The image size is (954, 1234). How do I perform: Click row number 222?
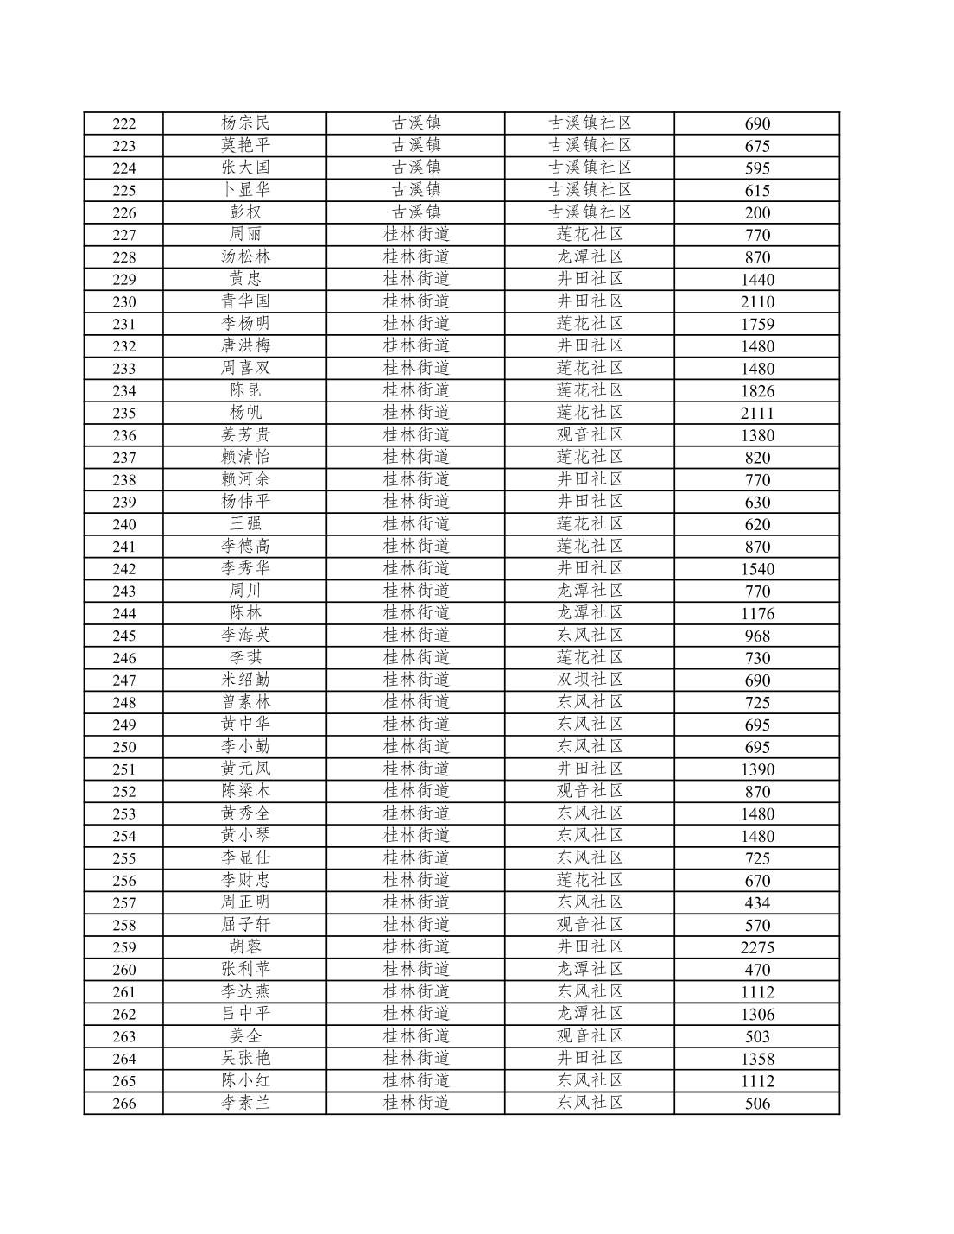[x=124, y=123]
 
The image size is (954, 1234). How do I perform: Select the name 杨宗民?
[x=245, y=123]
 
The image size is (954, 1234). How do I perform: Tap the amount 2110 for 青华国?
[x=757, y=301]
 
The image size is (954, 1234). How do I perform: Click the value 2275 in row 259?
[x=757, y=947]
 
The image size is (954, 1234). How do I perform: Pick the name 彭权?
[x=245, y=212]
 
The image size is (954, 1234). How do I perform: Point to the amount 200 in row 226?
[x=757, y=212]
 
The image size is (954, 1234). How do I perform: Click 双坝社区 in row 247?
[x=590, y=680]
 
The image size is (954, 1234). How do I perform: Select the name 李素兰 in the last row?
[x=245, y=1103]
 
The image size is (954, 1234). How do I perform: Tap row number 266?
[x=124, y=1104]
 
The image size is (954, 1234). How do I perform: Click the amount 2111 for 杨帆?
[x=757, y=413]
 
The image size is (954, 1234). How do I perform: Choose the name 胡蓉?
[x=245, y=946]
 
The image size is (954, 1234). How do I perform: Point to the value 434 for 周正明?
[x=757, y=903]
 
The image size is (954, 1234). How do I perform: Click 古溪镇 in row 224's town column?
[x=416, y=168]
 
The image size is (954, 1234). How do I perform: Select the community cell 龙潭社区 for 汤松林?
[x=590, y=256]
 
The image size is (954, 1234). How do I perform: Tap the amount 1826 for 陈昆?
[x=757, y=390]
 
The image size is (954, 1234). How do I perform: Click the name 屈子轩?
[x=245, y=924]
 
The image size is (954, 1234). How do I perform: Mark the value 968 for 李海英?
[x=757, y=636]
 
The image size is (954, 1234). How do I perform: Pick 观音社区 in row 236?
[x=590, y=434]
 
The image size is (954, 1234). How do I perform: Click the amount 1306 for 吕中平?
[x=757, y=1015]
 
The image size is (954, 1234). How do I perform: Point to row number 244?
[x=124, y=614]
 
